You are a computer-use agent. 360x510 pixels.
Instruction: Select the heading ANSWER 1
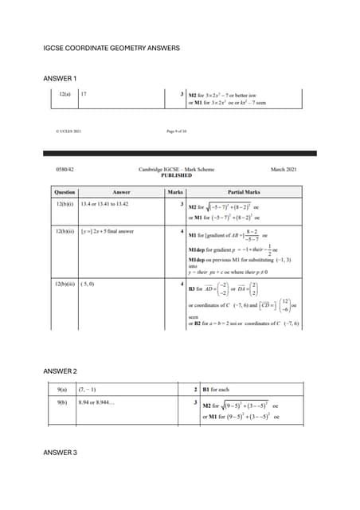(60, 78)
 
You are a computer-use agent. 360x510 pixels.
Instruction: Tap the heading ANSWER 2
(60, 371)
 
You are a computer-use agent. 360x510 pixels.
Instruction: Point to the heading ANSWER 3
(60, 453)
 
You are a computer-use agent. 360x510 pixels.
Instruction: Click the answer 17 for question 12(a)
(84, 95)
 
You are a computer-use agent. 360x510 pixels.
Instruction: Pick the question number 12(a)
(65, 95)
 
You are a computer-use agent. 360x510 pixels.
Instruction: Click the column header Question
(65, 192)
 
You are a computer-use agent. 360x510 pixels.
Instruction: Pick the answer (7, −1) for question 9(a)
(88, 390)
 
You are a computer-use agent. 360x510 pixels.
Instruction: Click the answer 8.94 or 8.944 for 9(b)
(97, 403)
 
